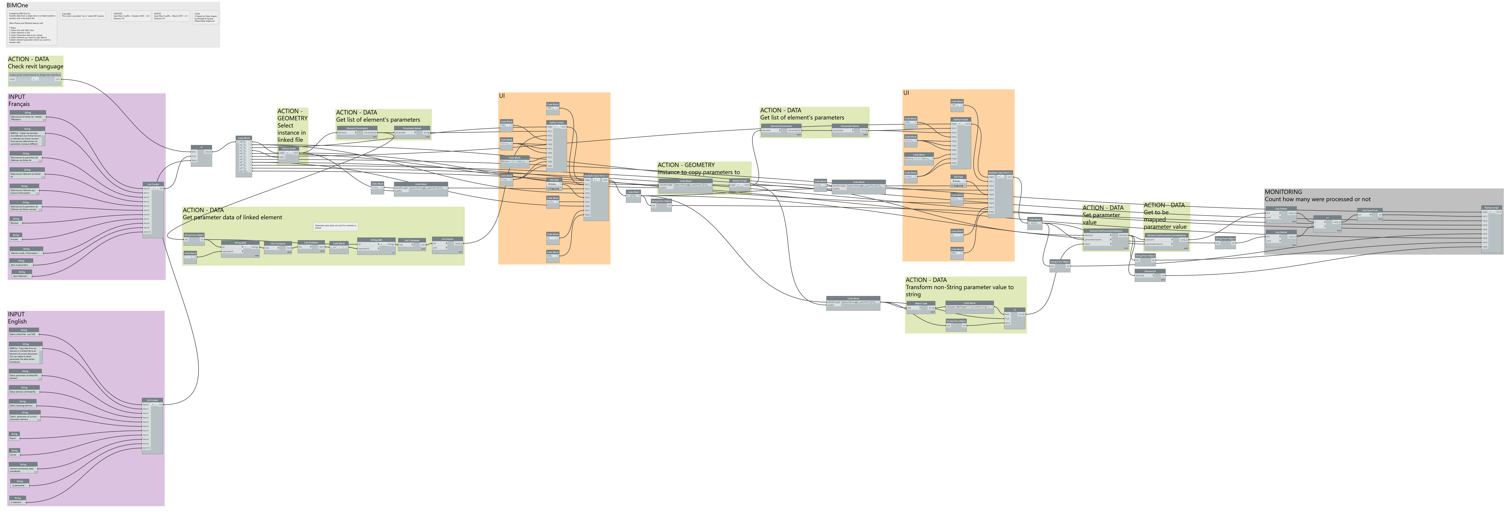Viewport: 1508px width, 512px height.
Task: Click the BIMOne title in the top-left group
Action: pyautogui.click(x=18, y=5)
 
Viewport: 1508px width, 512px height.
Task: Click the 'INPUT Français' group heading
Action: pyautogui.click(x=19, y=101)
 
